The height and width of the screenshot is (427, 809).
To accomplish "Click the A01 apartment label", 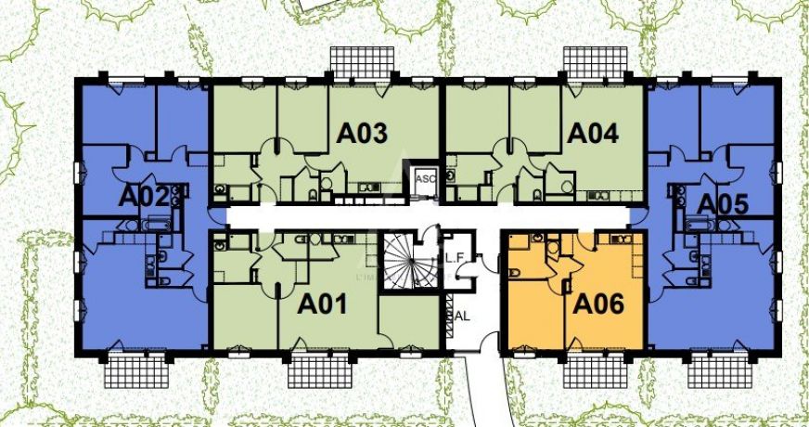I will [322, 303].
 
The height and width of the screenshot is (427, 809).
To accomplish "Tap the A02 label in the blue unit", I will [143, 197].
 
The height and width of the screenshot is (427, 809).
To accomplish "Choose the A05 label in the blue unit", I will [722, 202].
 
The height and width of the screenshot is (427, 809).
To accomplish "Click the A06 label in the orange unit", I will [598, 303].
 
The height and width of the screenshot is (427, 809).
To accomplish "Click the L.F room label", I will [456, 258].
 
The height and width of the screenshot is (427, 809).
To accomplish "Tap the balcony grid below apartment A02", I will [138, 371].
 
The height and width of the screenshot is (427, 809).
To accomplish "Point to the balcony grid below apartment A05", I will [717, 371].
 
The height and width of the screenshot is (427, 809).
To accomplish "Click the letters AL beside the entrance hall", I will [461, 315].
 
